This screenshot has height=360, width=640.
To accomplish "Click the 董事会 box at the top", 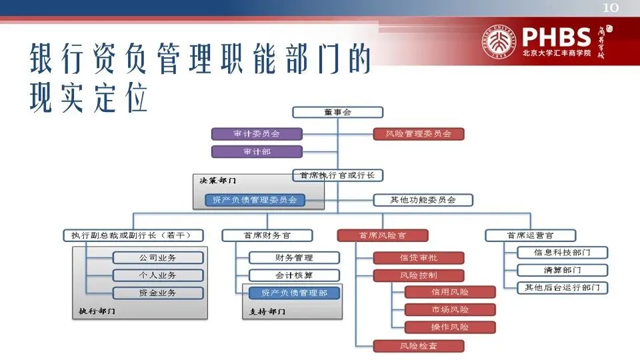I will [x=338, y=113].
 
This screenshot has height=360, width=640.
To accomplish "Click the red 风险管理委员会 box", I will [x=418, y=134].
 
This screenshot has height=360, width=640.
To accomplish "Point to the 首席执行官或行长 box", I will [x=338, y=175].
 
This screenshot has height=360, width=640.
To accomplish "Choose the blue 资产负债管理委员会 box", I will [x=255, y=199].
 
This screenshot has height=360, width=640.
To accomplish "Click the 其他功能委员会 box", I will [x=423, y=199].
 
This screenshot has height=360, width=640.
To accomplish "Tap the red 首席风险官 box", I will [x=382, y=235].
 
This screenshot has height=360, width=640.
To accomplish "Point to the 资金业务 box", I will [x=157, y=293].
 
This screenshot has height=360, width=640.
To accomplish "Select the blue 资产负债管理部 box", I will [x=294, y=293].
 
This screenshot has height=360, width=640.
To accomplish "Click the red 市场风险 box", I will [x=450, y=309].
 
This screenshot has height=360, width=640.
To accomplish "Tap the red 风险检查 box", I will [x=418, y=346].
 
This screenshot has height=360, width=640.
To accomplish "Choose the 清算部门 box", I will [x=562, y=271].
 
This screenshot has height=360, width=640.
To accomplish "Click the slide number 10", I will [x=611, y=8].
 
